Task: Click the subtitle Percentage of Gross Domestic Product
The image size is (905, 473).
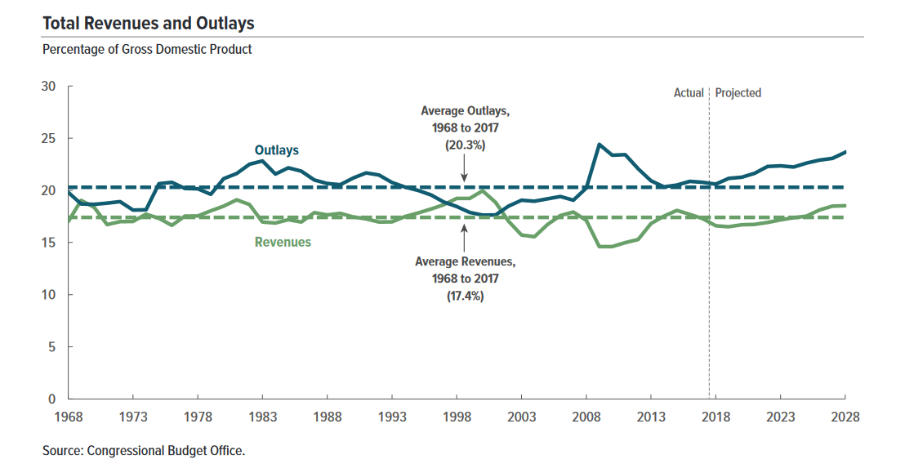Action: (x=147, y=49)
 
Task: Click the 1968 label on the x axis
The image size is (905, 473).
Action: (x=69, y=417)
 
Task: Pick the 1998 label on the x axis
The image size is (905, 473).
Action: (x=457, y=417)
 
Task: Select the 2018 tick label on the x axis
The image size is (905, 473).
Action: (x=716, y=417)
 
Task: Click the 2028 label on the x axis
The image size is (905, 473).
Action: (x=845, y=417)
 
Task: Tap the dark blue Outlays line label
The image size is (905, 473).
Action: (x=277, y=150)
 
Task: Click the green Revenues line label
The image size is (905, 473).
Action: (x=283, y=242)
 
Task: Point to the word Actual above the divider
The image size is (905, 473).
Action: (x=688, y=93)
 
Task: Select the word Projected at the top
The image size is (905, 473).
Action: (x=738, y=93)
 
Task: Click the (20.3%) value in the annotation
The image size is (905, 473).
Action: (x=465, y=145)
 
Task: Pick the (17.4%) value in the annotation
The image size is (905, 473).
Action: (x=465, y=297)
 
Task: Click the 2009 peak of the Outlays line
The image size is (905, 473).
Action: (x=599, y=145)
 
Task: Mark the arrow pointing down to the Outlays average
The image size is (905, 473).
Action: (x=464, y=170)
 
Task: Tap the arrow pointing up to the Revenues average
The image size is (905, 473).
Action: (x=464, y=237)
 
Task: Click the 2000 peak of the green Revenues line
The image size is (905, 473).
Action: (x=483, y=191)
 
